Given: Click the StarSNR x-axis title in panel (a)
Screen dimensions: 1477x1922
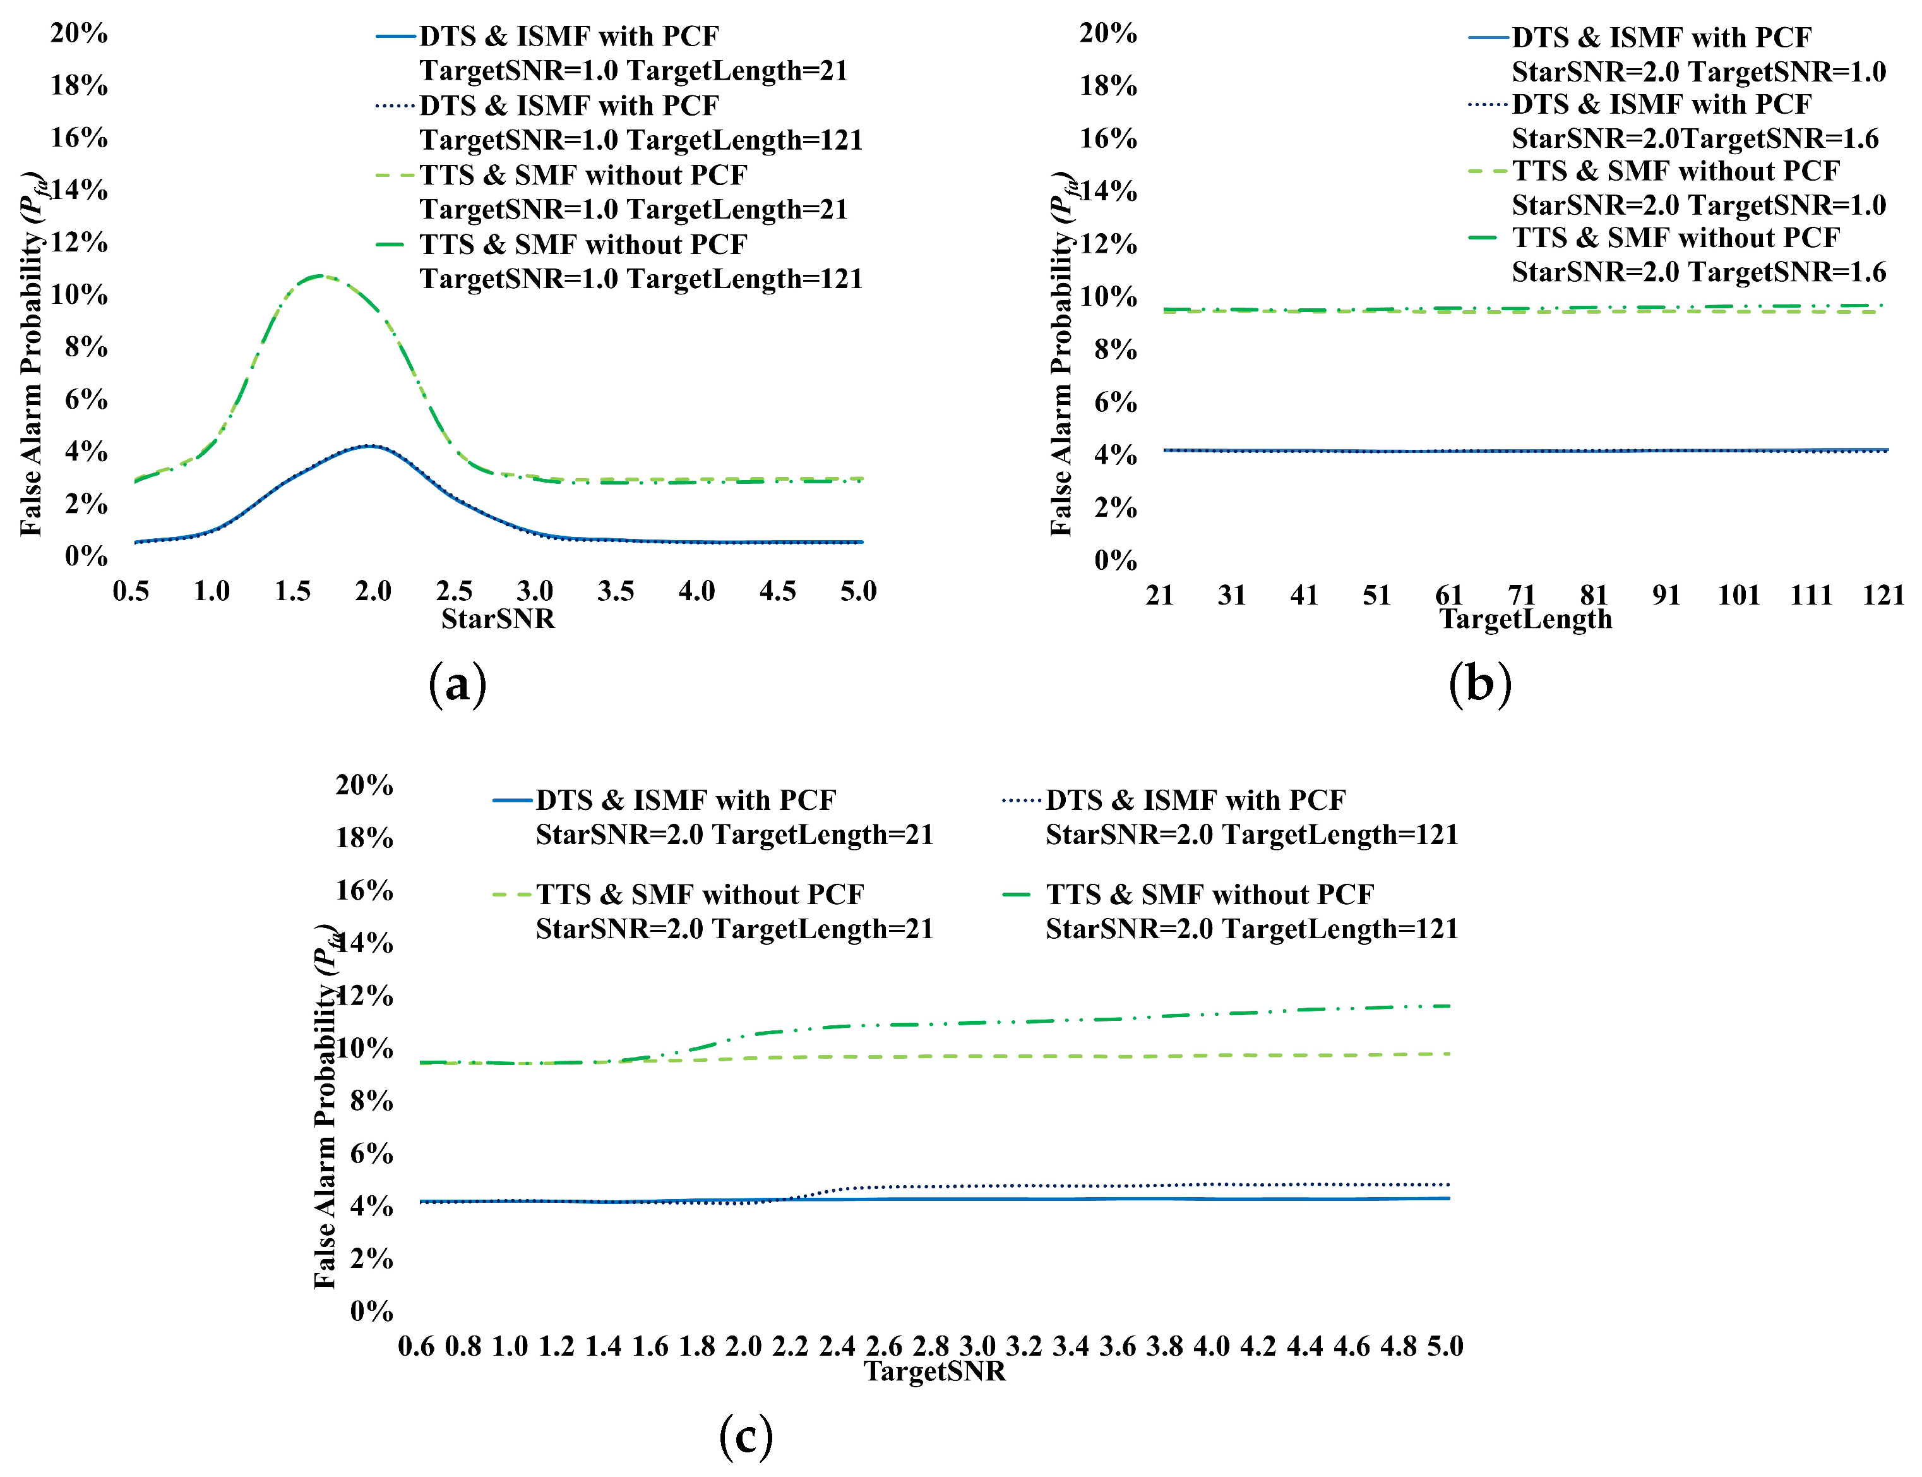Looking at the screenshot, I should (x=498, y=619).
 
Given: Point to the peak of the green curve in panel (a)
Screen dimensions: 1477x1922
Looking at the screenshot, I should (x=320, y=275).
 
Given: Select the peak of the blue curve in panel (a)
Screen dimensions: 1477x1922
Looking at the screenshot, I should (x=371, y=446).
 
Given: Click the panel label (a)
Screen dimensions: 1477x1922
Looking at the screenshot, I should (x=457, y=684).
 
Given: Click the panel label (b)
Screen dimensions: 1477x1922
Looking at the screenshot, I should (x=1480, y=684).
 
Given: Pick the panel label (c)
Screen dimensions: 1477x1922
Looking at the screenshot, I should (x=745, y=1437).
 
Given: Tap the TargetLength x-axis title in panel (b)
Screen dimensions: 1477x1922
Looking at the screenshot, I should (x=1525, y=619).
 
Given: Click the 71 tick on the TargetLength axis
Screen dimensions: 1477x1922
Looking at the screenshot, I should (x=1521, y=595).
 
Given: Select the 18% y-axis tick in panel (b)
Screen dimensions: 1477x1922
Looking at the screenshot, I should (x=1107, y=86).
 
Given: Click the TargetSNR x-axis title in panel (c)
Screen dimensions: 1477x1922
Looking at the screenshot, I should (x=934, y=1371).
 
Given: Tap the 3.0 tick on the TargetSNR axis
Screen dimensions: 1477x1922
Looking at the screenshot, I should (x=977, y=1346).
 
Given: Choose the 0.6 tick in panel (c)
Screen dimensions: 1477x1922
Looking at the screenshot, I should (x=415, y=1346).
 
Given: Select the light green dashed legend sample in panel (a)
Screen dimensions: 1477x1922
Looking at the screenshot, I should (x=395, y=176).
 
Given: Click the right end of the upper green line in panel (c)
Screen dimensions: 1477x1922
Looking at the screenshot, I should (x=1448, y=1006).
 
